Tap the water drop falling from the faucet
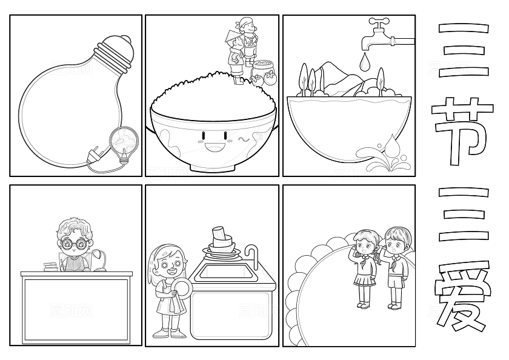365,62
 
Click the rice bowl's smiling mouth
215,148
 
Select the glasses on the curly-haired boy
74,243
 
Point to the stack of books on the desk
51,267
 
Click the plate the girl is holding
181,288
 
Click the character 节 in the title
462,131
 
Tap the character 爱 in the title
462,295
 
